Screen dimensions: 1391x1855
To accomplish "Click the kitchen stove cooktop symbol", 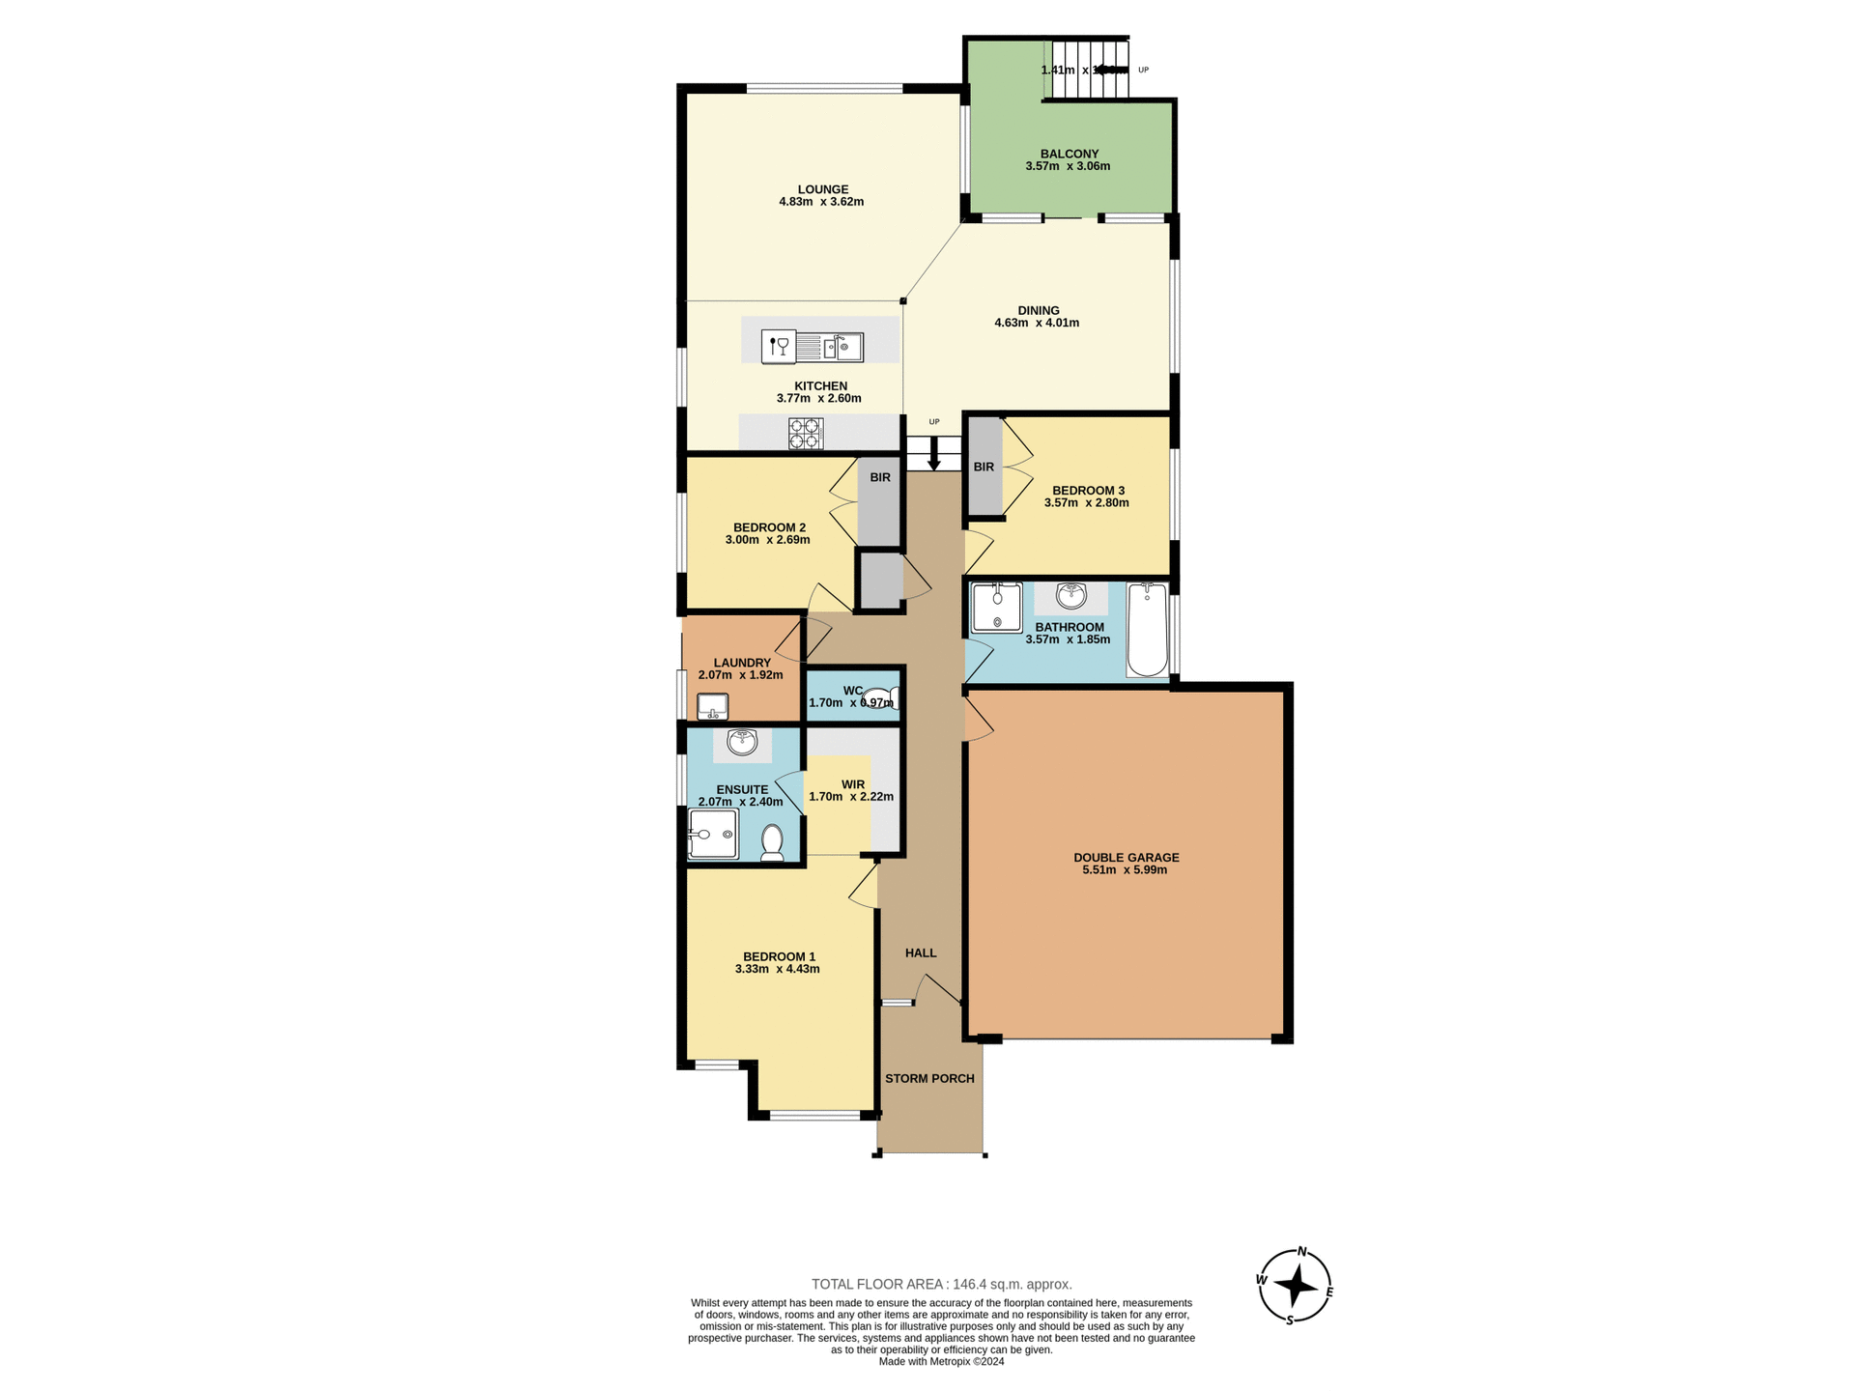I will click(x=805, y=433).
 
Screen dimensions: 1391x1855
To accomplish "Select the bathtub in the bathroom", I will click(x=1147, y=629).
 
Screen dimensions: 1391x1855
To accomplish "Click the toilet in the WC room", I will click(x=880, y=697).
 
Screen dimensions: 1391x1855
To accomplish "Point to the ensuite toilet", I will click(x=772, y=842).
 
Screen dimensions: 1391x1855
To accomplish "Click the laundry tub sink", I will click(x=713, y=706).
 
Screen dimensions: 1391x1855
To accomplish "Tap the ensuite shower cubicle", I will click(x=713, y=834).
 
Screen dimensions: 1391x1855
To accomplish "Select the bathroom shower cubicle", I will click(x=996, y=608).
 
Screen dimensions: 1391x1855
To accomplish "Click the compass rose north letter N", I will click(x=1301, y=1252).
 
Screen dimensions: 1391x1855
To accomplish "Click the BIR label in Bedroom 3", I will click(x=984, y=468).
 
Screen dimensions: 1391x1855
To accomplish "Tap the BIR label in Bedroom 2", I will click(x=879, y=477).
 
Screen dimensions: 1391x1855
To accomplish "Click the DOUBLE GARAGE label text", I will click(x=1126, y=857).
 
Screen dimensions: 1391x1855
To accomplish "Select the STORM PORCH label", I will click(x=929, y=1078).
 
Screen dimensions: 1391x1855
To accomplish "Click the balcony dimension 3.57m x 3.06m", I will click(x=1068, y=166).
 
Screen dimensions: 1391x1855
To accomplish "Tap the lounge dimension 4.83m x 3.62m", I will click(x=821, y=202).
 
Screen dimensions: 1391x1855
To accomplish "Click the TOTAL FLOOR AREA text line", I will click(x=941, y=1284).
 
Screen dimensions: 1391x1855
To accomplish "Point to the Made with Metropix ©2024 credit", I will click(x=941, y=1361).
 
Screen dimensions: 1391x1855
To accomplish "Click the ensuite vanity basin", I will click(x=742, y=742).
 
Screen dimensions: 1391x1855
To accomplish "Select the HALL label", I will click(x=921, y=952).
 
